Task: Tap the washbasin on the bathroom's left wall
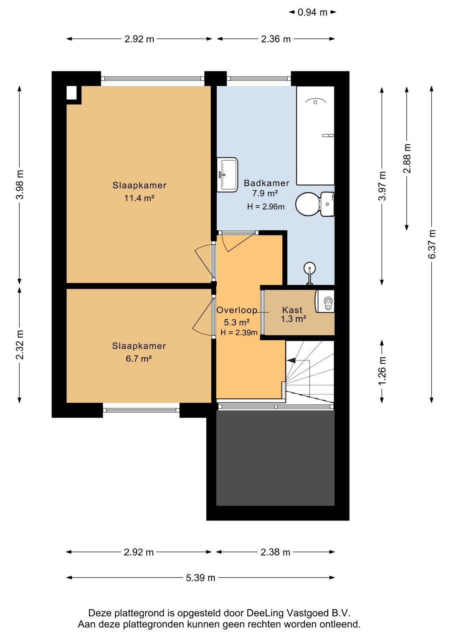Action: [227, 175]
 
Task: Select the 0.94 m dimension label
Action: [312, 12]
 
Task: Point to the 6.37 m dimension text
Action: [432, 245]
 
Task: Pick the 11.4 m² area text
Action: [139, 198]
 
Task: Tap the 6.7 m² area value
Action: [139, 358]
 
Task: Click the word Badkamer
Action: [266, 183]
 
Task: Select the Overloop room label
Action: [237, 310]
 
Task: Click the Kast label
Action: [292, 310]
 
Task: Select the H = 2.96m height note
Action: [266, 207]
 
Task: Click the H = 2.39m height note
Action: [239, 332]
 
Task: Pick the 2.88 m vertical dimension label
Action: [407, 158]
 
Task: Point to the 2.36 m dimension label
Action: [276, 39]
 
